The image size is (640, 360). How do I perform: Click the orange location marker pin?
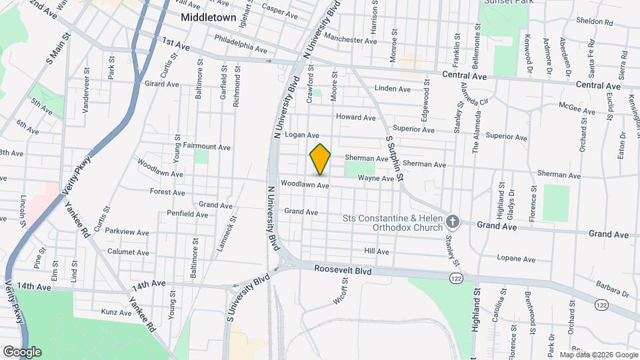(320, 159)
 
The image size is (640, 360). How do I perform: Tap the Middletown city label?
(209, 18)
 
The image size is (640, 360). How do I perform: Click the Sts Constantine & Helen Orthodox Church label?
(393, 223)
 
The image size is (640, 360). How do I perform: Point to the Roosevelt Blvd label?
(343, 271)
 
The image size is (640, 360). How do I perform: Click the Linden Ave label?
(393, 89)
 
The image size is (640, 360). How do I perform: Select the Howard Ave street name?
(356, 117)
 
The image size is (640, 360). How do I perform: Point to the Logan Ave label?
(302, 135)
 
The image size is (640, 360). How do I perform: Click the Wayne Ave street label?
(376, 179)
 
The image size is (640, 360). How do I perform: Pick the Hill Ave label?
(377, 251)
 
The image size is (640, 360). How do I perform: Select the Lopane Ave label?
(516, 259)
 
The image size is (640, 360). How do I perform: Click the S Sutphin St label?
(395, 155)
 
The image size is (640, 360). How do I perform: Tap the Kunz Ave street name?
(116, 312)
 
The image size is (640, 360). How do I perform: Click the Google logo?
(22, 351)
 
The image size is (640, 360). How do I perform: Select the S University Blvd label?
(248, 289)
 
